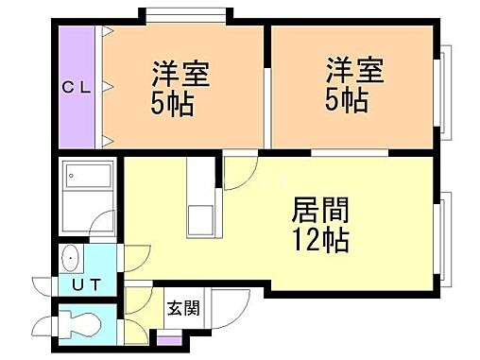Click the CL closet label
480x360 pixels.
(77, 88)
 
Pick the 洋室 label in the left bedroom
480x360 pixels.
(179, 73)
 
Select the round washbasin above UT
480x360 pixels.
(71, 257)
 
